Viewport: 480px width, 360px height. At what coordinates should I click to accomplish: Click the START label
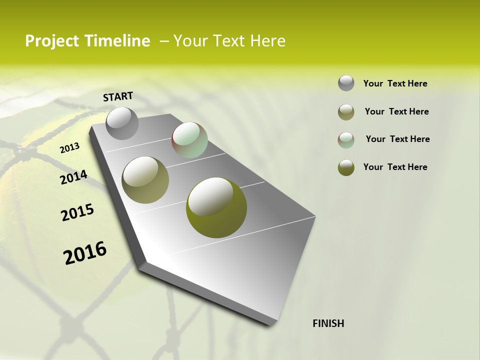point(118,96)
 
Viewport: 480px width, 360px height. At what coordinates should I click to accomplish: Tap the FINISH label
point(328,323)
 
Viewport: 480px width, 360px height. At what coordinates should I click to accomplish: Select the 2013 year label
point(69,148)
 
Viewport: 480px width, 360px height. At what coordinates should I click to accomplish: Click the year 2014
point(73,177)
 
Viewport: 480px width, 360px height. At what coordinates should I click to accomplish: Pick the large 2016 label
point(85,253)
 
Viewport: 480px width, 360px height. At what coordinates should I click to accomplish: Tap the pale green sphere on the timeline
point(189,140)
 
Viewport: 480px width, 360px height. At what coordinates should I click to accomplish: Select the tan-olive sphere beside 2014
point(145,179)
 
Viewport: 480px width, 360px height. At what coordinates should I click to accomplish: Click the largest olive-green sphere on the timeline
point(216,207)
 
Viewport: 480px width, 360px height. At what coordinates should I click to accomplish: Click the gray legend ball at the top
point(346,83)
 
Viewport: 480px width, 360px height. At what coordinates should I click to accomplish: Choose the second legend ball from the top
point(346,112)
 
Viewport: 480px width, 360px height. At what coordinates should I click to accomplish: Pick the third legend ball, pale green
point(346,139)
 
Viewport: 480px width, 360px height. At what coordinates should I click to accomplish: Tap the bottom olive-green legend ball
point(346,167)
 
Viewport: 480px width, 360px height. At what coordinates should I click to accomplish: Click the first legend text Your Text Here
point(395,83)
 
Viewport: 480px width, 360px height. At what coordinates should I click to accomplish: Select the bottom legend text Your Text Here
point(395,167)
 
